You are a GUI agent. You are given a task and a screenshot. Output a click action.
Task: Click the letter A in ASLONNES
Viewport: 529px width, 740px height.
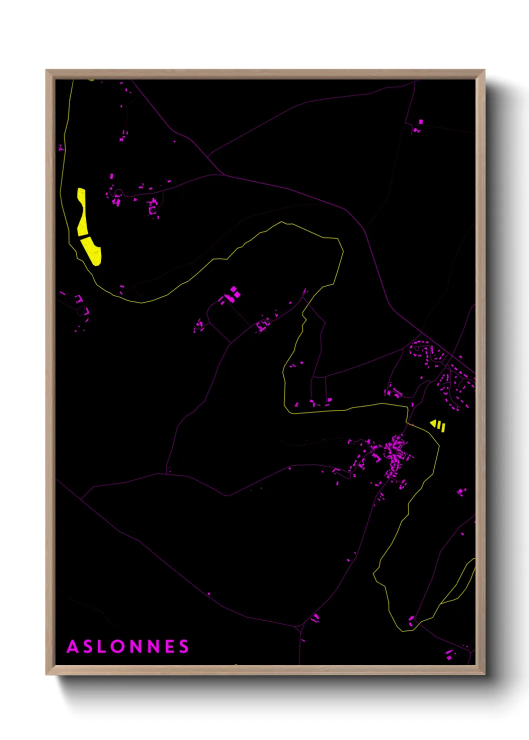pyautogui.click(x=72, y=646)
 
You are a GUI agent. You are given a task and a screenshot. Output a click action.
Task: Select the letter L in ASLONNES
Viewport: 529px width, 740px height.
pyautogui.click(x=101, y=646)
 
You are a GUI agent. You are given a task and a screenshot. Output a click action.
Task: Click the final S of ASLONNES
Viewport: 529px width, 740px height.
pyautogui.click(x=184, y=646)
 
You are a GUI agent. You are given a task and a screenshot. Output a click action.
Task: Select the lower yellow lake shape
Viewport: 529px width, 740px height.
pyautogui.click(x=93, y=251)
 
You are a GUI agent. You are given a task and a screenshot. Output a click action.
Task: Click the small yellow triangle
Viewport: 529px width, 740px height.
pyautogui.click(x=433, y=423)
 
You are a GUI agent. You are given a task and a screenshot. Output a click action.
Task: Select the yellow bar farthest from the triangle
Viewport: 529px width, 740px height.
pyautogui.click(x=443, y=427)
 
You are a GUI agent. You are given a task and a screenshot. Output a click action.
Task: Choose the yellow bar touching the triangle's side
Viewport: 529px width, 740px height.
pyautogui.click(x=438, y=425)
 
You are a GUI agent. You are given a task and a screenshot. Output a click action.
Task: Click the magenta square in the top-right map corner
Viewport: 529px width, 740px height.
pyautogui.click(x=420, y=121)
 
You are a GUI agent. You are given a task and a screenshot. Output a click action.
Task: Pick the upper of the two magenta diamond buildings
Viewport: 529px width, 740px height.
pyautogui.click(x=233, y=289)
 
